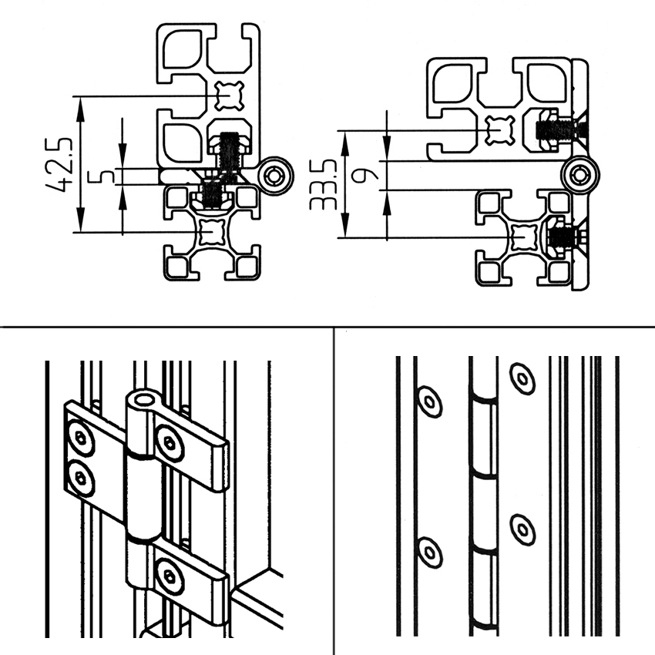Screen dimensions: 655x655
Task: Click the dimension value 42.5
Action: click(x=59, y=164)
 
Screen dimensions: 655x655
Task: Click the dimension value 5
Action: click(x=102, y=176)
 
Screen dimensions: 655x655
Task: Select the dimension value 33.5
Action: click(x=323, y=184)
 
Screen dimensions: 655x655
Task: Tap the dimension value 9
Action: click(x=364, y=175)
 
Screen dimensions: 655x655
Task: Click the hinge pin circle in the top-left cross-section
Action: click(x=275, y=176)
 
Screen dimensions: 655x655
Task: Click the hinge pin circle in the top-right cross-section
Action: click(x=579, y=175)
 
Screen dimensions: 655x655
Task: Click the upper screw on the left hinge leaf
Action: click(x=81, y=438)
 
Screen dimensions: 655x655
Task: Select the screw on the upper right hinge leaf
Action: click(x=170, y=443)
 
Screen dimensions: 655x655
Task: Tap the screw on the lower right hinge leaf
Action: click(x=170, y=577)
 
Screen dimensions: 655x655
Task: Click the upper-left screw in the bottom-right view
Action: click(x=430, y=401)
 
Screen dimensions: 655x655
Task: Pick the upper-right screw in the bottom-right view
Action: click(x=522, y=378)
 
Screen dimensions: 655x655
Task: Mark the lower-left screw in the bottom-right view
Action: click(x=430, y=553)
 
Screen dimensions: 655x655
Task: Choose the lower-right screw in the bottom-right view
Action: click(x=522, y=530)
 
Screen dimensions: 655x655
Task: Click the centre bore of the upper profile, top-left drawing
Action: click(x=230, y=96)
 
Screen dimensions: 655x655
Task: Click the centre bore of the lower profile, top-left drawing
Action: click(x=213, y=231)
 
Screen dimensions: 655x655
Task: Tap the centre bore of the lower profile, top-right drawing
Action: click(x=525, y=237)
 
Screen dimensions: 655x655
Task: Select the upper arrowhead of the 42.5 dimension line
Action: click(x=81, y=109)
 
